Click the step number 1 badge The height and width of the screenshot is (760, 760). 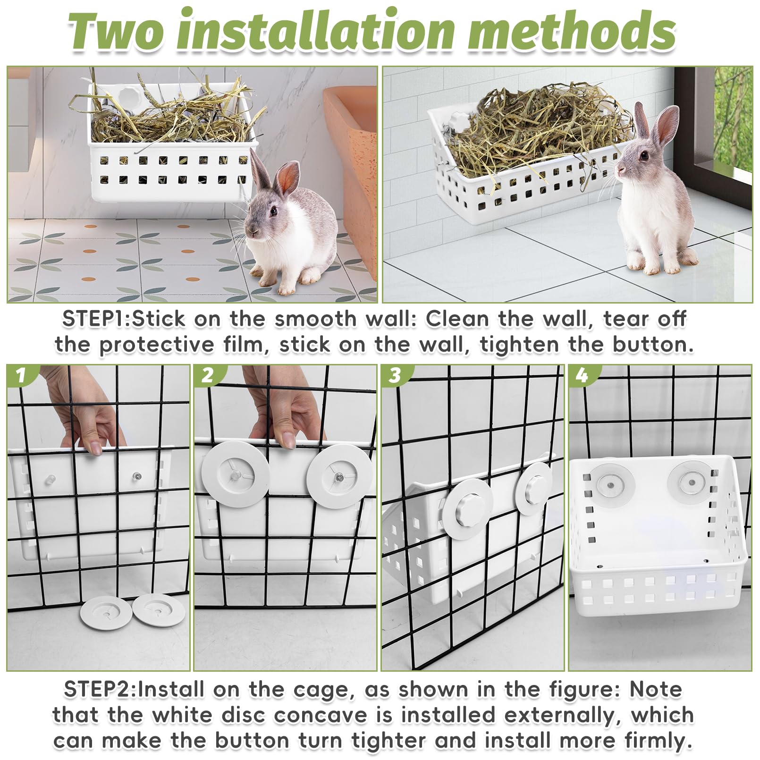click(20, 376)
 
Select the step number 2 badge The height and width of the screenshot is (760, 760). click(207, 376)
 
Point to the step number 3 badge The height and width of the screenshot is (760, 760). click(395, 376)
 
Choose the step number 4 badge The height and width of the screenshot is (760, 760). click(582, 376)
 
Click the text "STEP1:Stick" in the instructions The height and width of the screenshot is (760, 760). click(124, 319)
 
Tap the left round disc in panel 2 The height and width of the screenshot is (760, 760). click(236, 476)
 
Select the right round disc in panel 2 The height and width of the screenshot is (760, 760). click(340, 477)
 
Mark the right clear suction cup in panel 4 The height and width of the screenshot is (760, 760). click(692, 481)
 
